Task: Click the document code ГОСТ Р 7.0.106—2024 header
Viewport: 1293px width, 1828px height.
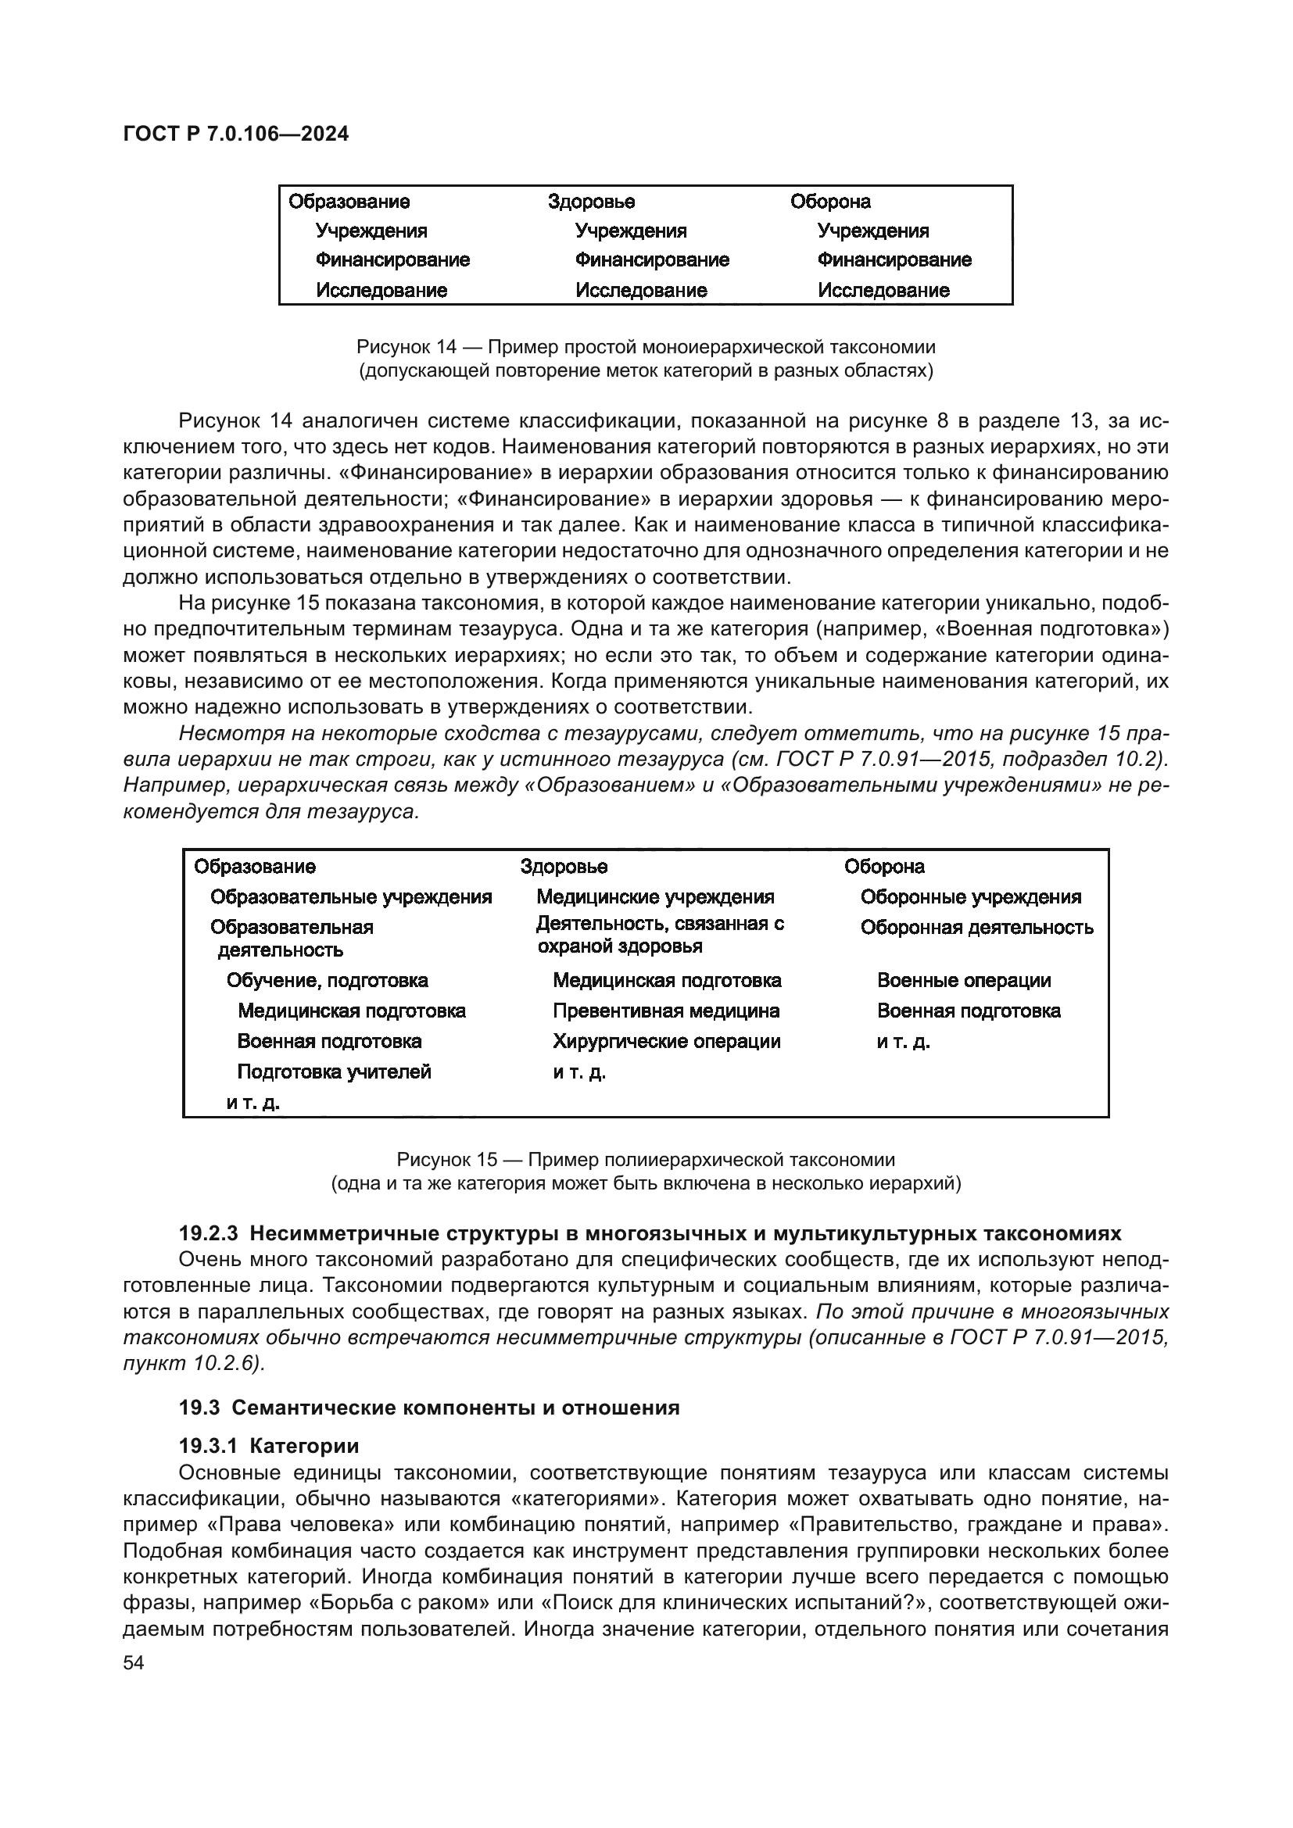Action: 235,134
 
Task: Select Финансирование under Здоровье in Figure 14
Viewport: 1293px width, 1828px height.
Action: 651,260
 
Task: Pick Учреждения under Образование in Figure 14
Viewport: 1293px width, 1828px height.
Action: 371,231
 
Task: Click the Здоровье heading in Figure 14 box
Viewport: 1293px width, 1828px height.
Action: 591,202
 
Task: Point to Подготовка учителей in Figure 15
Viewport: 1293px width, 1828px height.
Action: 334,1071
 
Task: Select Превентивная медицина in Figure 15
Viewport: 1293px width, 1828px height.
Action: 665,1011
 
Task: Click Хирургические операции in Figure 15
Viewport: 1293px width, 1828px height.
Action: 666,1041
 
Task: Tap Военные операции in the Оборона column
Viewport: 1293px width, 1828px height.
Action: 963,981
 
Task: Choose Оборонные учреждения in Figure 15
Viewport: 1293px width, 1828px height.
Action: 971,897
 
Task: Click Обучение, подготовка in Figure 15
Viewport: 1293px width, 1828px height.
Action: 328,981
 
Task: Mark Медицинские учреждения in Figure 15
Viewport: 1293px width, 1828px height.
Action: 654,897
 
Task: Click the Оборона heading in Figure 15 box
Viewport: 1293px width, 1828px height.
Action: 884,866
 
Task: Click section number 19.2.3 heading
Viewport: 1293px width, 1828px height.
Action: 209,1233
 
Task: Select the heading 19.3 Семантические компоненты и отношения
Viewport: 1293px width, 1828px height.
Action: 429,1408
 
